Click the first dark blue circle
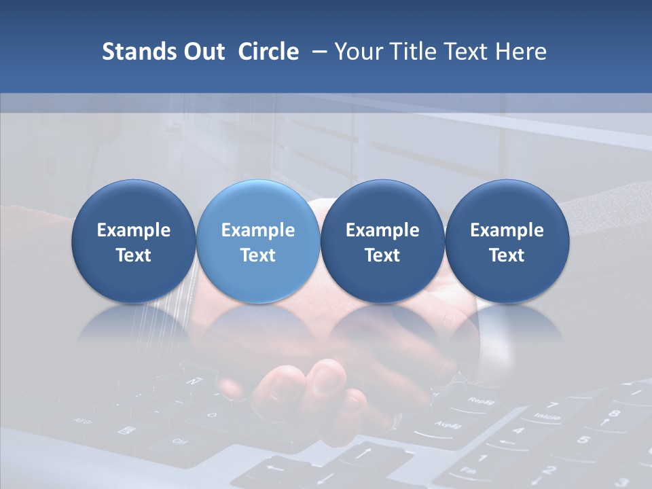coord(133,242)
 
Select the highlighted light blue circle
coord(258,242)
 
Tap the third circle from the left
coord(382,242)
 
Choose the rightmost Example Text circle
coord(507,242)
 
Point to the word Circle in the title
coord(268,52)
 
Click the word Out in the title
coord(203,52)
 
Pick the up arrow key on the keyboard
coord(365,451)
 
